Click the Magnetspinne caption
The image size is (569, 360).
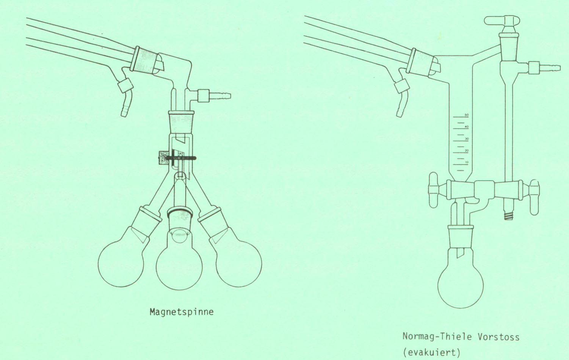pyautogui.click(x=182, y=312)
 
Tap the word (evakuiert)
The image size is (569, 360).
pyautogui.click(x=431, y=353)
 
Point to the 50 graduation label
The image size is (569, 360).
pyautogui.click(x=467, y=115)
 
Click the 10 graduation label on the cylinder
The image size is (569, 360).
pyautogui.click(x=467, y=162)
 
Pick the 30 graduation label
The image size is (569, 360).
pyautogui.click(x=467, y=139)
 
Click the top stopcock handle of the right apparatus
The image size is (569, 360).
pyautogui.click(x=502, y=21)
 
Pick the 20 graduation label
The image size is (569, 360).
pyautogui.click(x=467, y=151)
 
